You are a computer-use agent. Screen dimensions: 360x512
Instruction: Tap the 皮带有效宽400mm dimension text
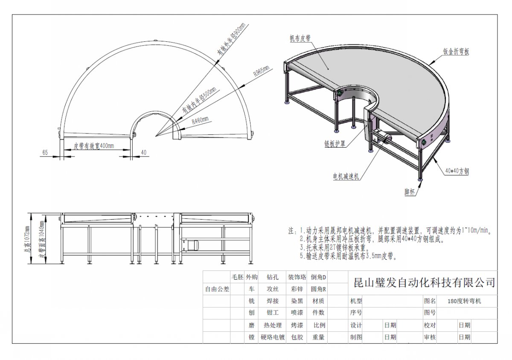(x=94, y=146)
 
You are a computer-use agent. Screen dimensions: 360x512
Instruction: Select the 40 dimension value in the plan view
(x=144, y=152)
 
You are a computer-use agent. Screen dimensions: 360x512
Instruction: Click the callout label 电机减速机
(x=346, y=176)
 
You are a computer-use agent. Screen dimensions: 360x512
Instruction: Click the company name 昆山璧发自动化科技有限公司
(x=422, y=282)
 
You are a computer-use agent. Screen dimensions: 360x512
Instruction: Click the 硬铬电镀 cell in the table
(x=273, y=337)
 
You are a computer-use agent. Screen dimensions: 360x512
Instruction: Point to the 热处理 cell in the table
(x=273, y=325)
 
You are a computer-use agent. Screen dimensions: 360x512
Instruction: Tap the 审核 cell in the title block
(x=430, y=337)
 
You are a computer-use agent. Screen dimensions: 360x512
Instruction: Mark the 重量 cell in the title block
(x=319, y=337)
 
